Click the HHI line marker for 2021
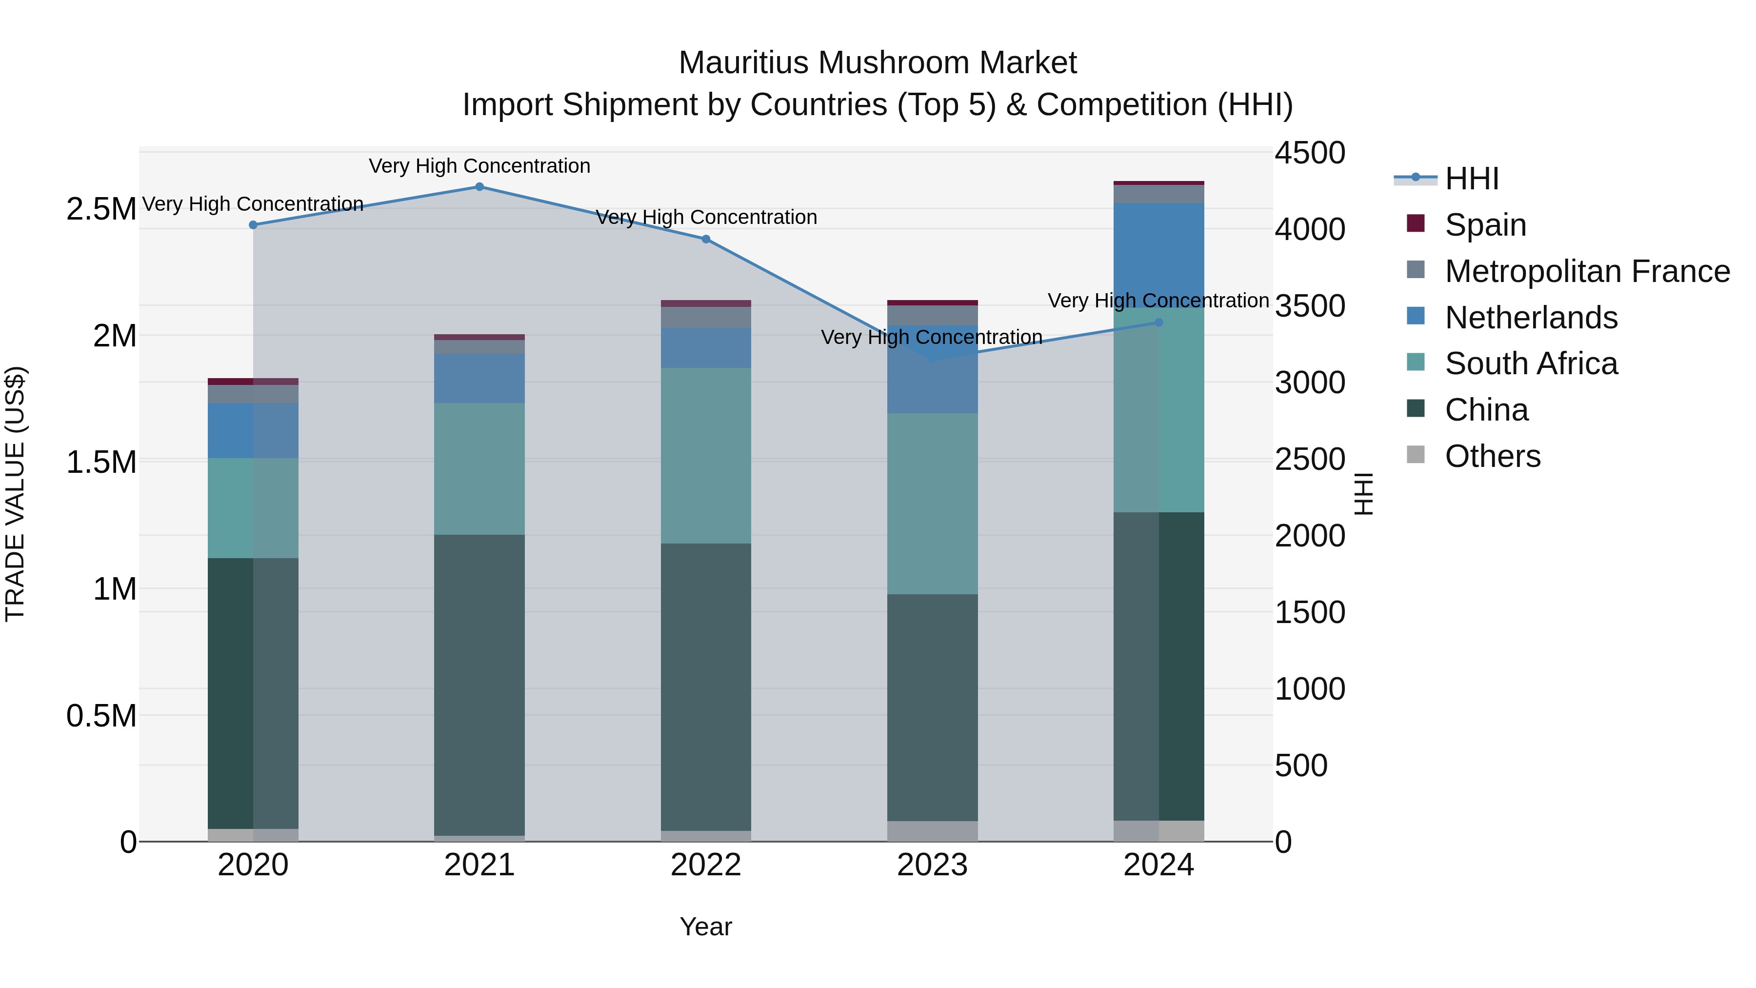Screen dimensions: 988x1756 [x=479, y=187]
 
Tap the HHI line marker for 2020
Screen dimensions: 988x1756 [x=253, y=225]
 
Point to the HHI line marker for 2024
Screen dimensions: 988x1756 [x=1159, y=323]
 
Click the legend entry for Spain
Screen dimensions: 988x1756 [x=1485, y=225]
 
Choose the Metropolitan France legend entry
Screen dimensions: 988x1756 [x=1587, y=271]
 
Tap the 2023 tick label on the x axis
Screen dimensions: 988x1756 [x=932, y=865]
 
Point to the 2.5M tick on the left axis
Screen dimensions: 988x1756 [x=101, y=209]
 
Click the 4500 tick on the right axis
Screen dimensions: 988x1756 [x=1310, y=153]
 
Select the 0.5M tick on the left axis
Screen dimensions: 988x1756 [x=101, y=716]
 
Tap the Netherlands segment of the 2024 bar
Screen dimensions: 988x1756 [x=1159, y=255]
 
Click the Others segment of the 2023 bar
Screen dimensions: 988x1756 [x=932, y=831]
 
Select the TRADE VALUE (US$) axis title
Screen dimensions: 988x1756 [x=16, y=494]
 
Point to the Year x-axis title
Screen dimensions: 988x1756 [x=705, y=927]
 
